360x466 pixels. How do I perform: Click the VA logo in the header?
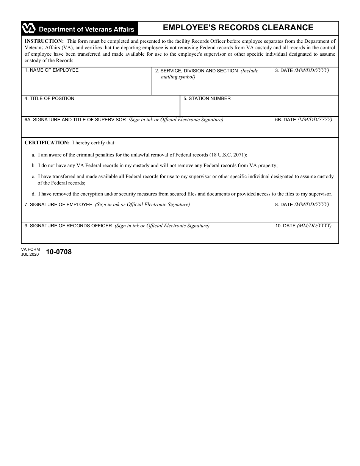(x=29, y=28)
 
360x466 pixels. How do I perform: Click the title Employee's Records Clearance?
(x=238, y=28)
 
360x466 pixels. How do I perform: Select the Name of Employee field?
(x=86, y=84)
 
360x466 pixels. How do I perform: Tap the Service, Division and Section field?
(x=211, y=86)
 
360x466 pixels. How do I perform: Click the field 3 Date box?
(x=305, y=84)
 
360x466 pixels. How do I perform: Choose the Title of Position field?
(x=100, y=108)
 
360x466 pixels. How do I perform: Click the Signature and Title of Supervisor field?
(x=146, y=130)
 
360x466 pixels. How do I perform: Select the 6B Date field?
(x=305, y=130)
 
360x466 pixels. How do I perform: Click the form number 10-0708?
(x=59, y=252)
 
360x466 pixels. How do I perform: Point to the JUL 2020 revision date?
(x=30, y=254)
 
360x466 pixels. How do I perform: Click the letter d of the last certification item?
(x=33, y=194)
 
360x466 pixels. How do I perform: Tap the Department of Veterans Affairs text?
(x=86, y=29)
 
